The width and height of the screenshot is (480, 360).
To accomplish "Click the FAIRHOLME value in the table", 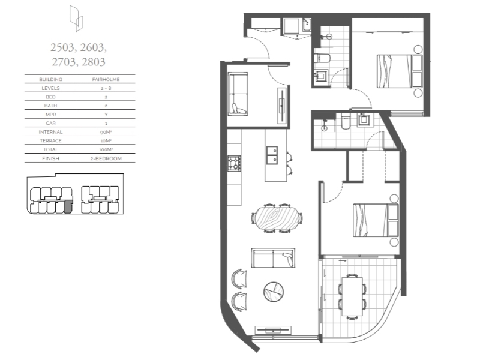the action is [106, 79].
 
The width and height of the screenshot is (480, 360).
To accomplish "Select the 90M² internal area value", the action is [106, 132].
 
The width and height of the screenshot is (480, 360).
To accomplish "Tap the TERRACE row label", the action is [50, 141].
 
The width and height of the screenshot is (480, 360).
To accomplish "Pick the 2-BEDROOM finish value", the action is [106, 158].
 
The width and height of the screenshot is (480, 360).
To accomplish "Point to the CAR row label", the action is [50, 123].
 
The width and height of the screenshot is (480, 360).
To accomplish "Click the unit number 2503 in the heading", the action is [62, 47].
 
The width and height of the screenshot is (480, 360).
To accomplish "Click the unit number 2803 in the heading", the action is [94, 62].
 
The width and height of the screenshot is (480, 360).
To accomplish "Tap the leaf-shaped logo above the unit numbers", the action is [76, 19].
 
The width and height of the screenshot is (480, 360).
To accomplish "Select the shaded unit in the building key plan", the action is [68, 207].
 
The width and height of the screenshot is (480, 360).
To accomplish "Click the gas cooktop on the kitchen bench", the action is [234, 163].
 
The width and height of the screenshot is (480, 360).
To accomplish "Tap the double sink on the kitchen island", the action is [272, 155].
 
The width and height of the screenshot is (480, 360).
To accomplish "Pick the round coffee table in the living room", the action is [274, 292].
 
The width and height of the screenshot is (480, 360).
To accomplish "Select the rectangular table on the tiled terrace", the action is [352, 296].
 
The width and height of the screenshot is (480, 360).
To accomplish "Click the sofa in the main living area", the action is [273, 258].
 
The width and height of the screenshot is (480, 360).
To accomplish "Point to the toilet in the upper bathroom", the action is [322, 58].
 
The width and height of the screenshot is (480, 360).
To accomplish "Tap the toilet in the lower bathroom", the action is [346, 121].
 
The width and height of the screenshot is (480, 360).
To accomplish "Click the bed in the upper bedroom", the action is [400, 71].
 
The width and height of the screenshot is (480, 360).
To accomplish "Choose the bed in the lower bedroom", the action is [376, 220].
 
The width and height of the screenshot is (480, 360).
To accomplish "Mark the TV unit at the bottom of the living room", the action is [273, 331].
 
